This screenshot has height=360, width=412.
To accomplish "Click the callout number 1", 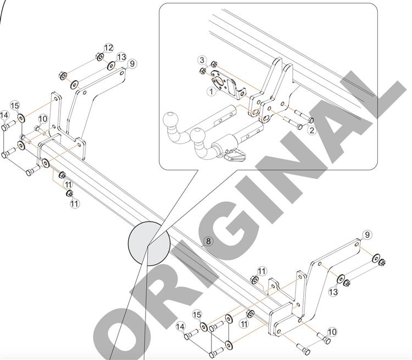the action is tap(211, 92).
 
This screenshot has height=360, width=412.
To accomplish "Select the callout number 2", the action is tap(311, 130).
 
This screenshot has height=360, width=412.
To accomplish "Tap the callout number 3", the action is tap(202, 60).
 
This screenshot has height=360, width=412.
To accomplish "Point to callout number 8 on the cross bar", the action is tap(208, 241).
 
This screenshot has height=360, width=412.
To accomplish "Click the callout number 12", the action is tap(108, 48).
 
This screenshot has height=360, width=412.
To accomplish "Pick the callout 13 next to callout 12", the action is tap(121, 57).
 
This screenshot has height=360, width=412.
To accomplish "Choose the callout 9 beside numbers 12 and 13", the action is tap(132, 64).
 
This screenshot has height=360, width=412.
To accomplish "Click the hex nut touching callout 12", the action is tap(100, 57).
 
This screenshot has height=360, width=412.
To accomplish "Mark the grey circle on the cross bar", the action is tap(149, 244).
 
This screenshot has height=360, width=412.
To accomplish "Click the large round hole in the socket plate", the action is tap(218, 81).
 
